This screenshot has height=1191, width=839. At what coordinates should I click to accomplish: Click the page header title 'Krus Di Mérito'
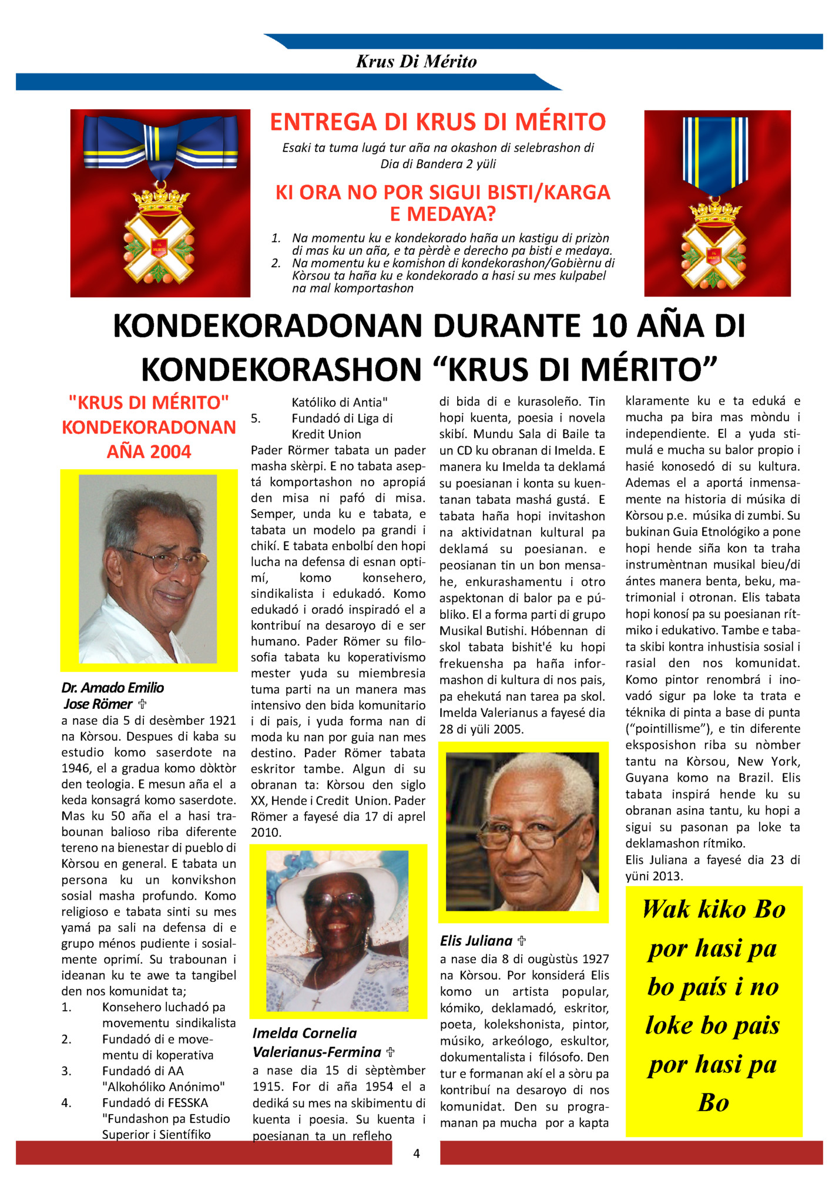coord(416,62)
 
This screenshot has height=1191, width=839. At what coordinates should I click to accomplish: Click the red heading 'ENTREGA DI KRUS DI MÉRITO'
coord(438,122)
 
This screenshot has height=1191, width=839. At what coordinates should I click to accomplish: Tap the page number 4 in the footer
coord(417,1153)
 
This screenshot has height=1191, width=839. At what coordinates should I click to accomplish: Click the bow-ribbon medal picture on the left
coord(160,203)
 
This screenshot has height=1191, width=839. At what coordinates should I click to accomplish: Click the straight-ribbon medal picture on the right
coord(717,203)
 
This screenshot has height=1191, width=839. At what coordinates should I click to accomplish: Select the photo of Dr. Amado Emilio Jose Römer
coord(148,568)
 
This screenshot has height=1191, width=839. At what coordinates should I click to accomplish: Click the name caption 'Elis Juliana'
coord(476,940)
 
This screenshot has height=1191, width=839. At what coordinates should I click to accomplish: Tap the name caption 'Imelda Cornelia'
coord(304,1032)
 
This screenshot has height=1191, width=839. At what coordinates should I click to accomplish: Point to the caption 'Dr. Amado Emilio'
coord(113,687)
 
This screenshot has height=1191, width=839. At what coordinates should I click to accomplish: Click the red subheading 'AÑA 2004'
coord(149,452)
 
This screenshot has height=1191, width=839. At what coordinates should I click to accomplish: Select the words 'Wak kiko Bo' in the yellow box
coord(714,910)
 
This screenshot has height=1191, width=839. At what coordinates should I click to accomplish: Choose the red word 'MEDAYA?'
coord(443,214)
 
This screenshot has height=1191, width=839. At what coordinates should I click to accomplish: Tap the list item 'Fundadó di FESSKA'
coord(155,1102)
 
